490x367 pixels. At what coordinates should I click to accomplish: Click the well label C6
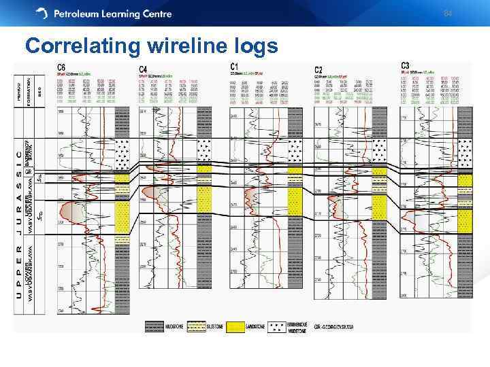[62, 67]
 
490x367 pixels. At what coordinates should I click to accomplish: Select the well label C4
[143, 69]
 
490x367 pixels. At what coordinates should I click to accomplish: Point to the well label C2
[318, 69]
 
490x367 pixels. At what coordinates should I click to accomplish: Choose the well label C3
[406, 66]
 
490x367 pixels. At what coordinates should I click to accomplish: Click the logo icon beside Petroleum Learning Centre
[42, 14]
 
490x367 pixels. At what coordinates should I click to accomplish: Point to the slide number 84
[448, 14]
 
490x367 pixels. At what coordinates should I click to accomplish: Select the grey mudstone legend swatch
[154, 326]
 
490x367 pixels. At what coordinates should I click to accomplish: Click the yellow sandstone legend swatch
[234, 326]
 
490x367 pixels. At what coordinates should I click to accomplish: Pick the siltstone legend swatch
[195, 326]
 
